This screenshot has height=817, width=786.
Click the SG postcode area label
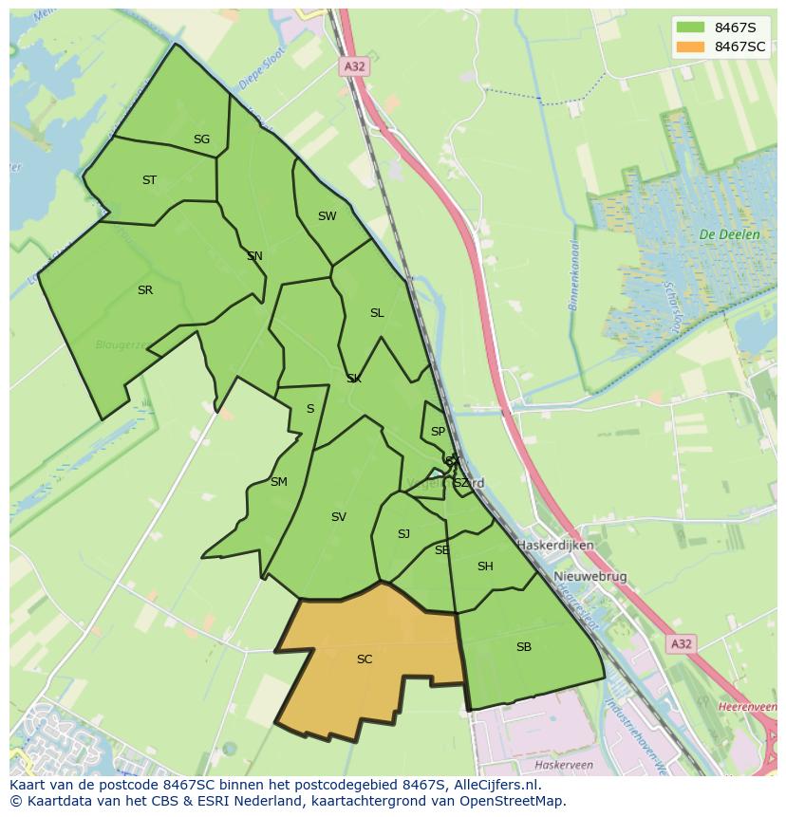(x=201, y=139)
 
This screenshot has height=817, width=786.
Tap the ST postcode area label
(x=149, y=180)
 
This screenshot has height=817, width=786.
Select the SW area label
(x=327, y=216)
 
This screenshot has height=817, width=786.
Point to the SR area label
(x=144, y=290)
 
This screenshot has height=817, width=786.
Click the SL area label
(x=377, y=313)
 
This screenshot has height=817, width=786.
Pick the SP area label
(x=438, y=432)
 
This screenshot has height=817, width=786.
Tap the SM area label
(x=278, y=482)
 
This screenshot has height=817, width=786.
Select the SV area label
(x=338, y=517)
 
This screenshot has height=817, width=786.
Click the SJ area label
(x=403, y=534)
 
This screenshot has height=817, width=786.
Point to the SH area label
(x=485, y=566)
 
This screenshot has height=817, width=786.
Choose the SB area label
(x=524, y=647)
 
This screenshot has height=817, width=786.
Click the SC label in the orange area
(x=365, y=659)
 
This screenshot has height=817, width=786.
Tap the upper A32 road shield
(x=353, y=66)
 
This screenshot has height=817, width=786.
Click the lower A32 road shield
(x=681, y=644)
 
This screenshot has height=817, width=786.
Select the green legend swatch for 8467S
(x=690, y=27)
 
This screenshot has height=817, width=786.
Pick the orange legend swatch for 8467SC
(x=690, y=46)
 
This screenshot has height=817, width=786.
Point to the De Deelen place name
(x=729, y=234)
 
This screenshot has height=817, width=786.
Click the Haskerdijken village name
(x=555, y=546)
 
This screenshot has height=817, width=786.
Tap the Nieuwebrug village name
(x=590, y=577)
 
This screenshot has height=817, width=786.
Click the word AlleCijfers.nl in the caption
(x=496, y=785)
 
